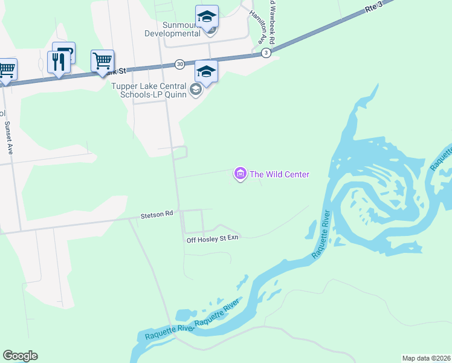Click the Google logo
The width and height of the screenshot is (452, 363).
click(x=20, y=356)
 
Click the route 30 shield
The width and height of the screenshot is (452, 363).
click(x=179, y=64)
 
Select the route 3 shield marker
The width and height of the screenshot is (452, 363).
click(x=266, y=53)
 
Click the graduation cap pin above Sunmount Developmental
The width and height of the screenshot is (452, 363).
click(x=207, y=16)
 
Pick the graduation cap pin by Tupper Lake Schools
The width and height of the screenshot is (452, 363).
click(x=206, y=73)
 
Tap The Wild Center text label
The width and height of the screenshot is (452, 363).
click(x=280, y=175)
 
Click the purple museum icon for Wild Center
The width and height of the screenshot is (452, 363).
click(x=240, y=175)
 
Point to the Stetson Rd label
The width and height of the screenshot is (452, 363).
click(x=157, y=214)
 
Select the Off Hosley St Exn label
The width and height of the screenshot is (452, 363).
click(x=213, y=239)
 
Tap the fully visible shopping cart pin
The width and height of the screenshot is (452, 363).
click(x=102, y=60)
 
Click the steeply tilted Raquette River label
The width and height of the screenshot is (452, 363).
click(x=321, y=235)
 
